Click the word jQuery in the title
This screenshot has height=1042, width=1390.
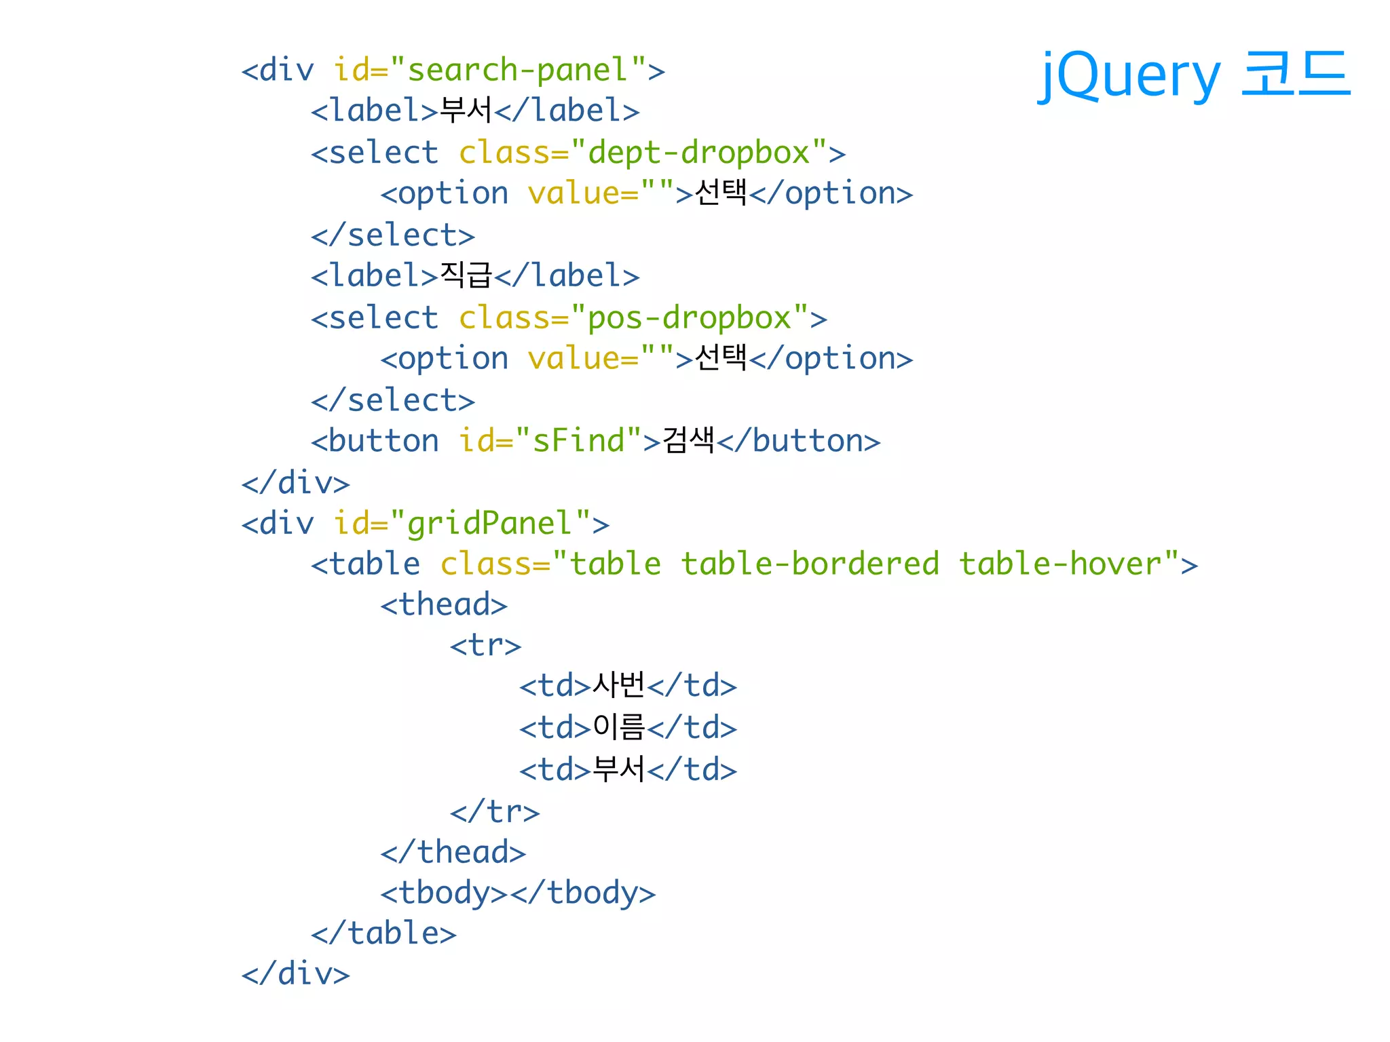[x=1129, y=76]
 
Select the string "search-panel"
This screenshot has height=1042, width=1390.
[x=518, y=70]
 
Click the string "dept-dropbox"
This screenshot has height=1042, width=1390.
[x=699, y=153]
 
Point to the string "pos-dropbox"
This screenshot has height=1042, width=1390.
[x=690, y=318]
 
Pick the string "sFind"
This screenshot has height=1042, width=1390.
[x=579, y=441]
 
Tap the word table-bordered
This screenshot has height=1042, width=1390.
[x=810, y=564]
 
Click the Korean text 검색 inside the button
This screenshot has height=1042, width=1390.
[x=688, y=441]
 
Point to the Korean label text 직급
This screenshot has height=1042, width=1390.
[x=466, y=275]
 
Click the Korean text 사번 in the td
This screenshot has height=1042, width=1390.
[x=618, y=686]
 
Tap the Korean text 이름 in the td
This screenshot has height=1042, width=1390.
[x=618, y=728]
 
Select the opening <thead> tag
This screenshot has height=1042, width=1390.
[x=444, y=605]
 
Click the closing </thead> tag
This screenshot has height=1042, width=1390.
[x=453, y=852]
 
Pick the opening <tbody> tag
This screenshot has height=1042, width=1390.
[x=444, y=893]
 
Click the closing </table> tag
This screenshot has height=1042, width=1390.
[x=383, y=934]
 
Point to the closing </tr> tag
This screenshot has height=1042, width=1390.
[x=494, y=811]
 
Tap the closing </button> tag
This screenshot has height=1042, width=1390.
[x=799, y=441]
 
